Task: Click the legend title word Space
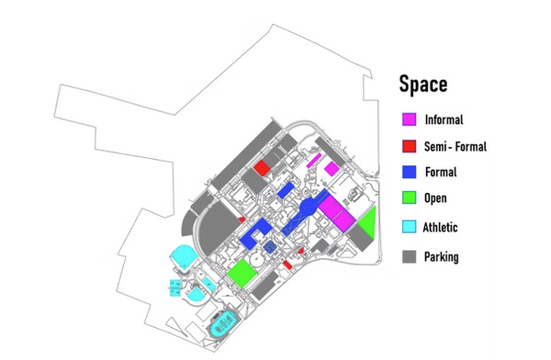pos(423,84)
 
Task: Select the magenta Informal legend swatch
pos(409,119)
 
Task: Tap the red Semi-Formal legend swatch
pos(409,146)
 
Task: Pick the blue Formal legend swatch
pos(409,172)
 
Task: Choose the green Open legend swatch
pos(409,197)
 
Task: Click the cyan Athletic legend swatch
pos(409,227)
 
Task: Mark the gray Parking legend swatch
pos(409,256)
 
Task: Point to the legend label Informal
pos(444,119)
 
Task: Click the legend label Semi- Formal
pos(455,146)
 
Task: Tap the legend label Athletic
pos(440,227)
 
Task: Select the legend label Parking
pos(442,257)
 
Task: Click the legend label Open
pos(435,198)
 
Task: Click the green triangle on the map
pos(370,223)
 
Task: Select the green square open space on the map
pos(242,273)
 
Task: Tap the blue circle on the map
pos(308,208)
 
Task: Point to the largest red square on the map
pos(262,168)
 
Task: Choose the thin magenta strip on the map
pos(314,161)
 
